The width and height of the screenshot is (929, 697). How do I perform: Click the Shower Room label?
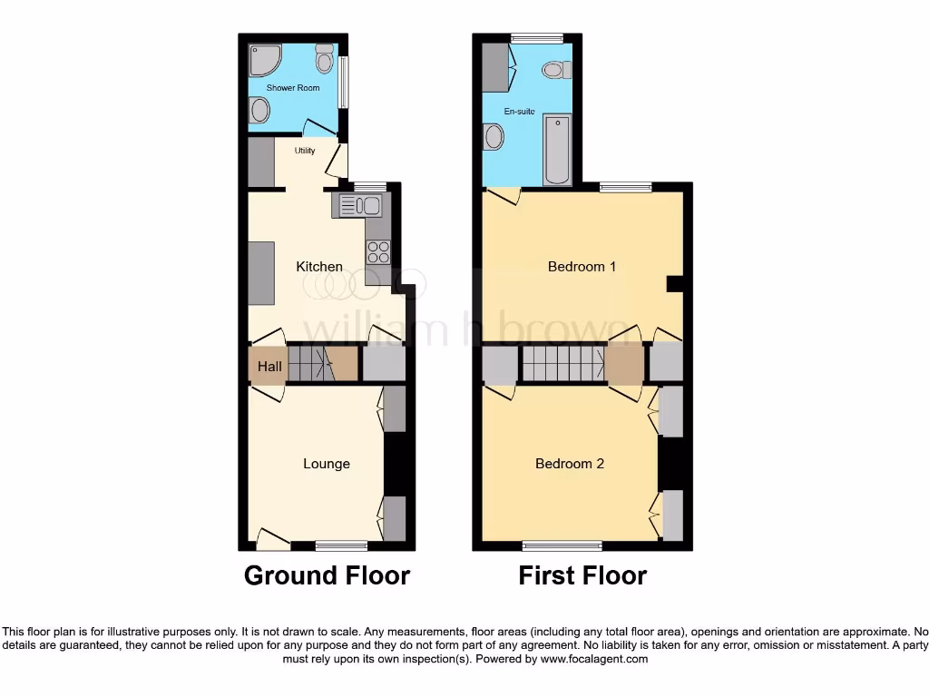click(x=293, y=88)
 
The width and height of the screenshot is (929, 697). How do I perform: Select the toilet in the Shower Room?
click(x=324, y=59)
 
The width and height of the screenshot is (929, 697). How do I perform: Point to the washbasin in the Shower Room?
click(x=260, y=112)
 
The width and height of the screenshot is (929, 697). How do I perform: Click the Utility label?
click(x=305, y=151)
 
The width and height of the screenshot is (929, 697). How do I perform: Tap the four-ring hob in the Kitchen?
click(x=378, y=251)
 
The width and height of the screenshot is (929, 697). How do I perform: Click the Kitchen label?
click(x=319, y=267)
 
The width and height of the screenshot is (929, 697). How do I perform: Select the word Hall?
click(x=269, y=368)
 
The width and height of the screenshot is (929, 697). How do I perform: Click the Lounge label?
click(x=327, y=464)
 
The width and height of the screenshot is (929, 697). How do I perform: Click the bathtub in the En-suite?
click(x=556, y=149)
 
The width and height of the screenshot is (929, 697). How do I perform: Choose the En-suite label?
click(x=520, y=112)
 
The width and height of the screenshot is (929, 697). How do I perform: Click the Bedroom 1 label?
click(x=582, y=267)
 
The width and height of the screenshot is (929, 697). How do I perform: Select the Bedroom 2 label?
click(x=570, y=464)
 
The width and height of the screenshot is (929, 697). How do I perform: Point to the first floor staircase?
click(x=562, y=364)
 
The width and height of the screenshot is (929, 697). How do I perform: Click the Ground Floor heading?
click(x=327, y=575)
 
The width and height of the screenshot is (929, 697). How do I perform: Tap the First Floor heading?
click(x=582, y=575)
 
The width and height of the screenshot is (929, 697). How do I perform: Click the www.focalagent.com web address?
click(x=594, y=659)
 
